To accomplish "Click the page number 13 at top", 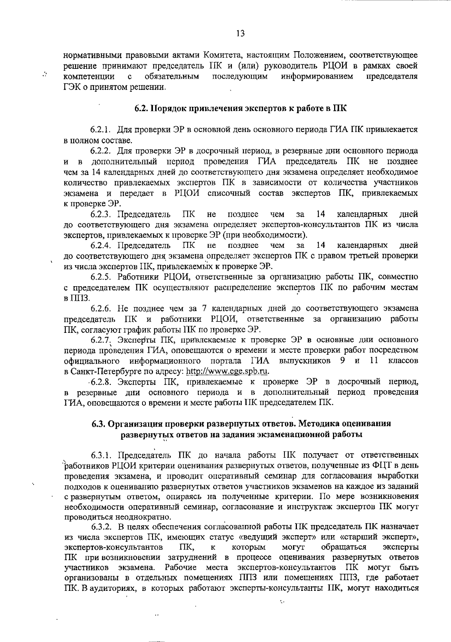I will click(x=241, y=33).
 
